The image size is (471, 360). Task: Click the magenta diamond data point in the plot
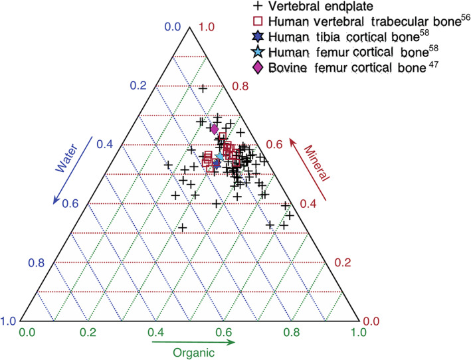[214, 129]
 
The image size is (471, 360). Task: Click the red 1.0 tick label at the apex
[209, 27]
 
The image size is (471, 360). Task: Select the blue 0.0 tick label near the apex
[172, 27]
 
